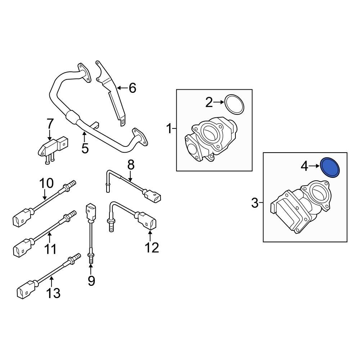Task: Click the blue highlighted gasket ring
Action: point(330,168)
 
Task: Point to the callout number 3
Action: point(255,203)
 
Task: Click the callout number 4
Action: point(305,166)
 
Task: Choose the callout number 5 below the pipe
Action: point(85,148)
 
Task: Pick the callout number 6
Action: point(132,87)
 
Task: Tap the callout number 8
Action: point(131,165)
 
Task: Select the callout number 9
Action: point(91,280)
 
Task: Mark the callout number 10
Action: point(46,184)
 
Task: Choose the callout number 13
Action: point(53,293)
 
